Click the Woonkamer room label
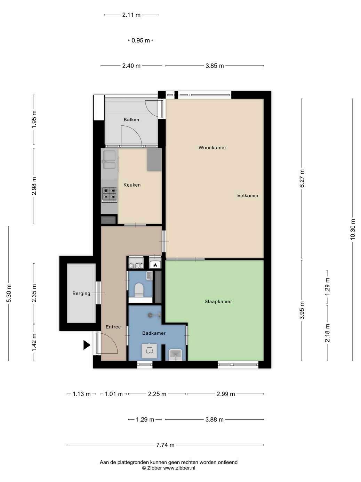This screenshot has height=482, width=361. (x=212, y=148)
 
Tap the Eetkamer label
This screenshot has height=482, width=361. (x=248, y=195)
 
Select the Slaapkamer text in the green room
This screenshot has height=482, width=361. (x=218, y=302)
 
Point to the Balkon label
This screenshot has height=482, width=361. (x=131, y=120)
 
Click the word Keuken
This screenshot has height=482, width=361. (x=132, y=185)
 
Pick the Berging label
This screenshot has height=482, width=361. (x=81, y=293)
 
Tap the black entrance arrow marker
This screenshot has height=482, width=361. (x=87, y=345)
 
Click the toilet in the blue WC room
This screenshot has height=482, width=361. (x=139, y=290)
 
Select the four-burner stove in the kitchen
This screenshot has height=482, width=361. (x=110, y=195)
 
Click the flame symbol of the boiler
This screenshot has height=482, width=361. (x=155, y=265)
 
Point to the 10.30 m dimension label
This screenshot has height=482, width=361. (x=352, y=229)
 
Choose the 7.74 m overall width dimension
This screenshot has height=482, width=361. (x=165, y=445)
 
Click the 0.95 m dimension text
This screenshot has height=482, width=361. (x=141, y=40)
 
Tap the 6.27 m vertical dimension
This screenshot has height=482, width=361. (x=302, y=178)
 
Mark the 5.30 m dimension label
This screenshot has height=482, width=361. (x=9, y=293)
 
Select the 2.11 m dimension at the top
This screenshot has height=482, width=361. (x=131, y=15)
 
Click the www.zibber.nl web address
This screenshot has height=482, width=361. (x=179, y=468)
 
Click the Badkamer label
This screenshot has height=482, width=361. (x=154, y=333)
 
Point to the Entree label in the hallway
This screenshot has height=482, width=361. (x=113, y=327)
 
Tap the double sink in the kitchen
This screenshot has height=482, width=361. (x=109, y=160)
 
